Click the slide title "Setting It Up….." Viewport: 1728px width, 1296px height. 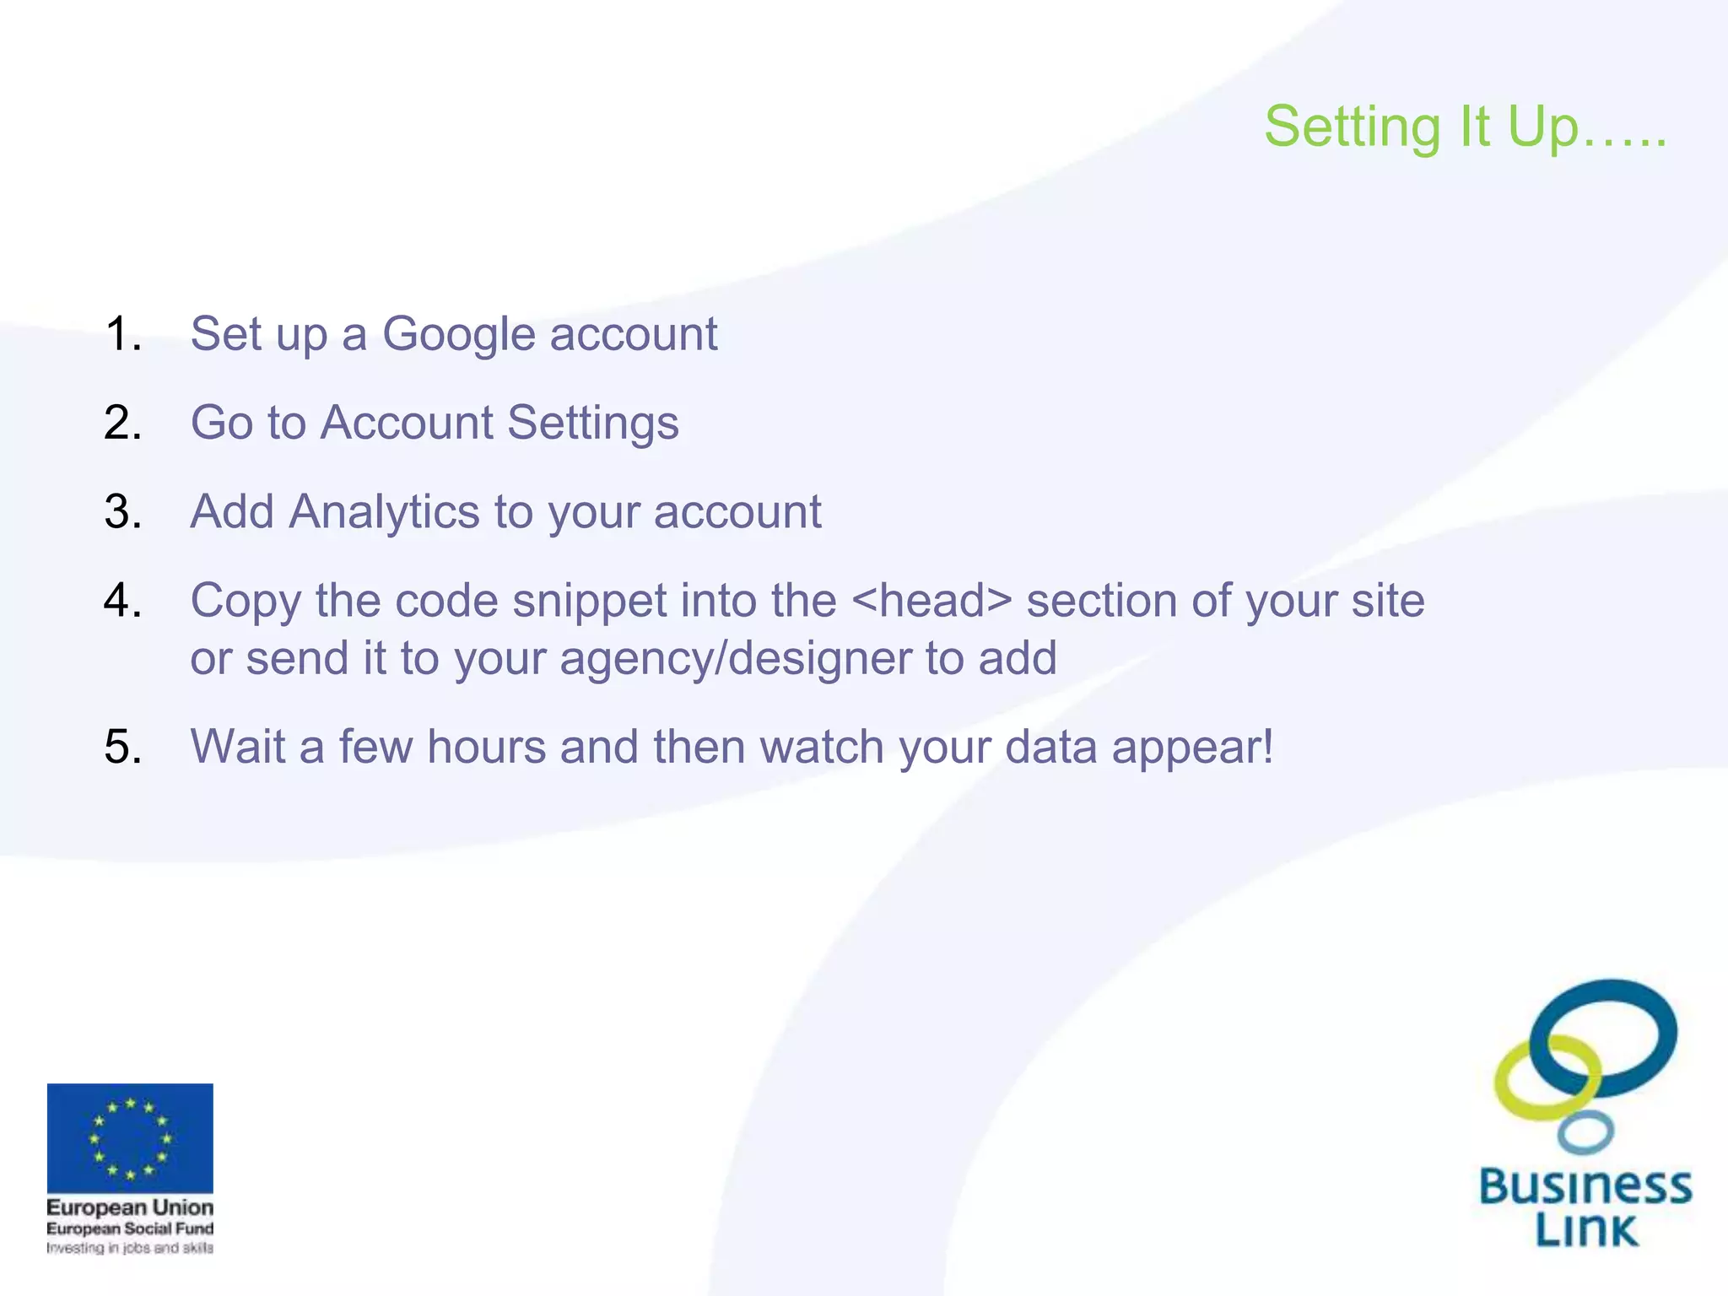1465,127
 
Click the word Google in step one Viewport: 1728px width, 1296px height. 458,334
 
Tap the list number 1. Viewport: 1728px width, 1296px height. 123,334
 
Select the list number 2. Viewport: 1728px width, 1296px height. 123,423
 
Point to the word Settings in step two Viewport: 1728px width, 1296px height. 592,423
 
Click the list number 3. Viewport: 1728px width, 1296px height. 123,512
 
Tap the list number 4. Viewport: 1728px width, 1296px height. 123,601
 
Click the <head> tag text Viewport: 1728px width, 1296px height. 931,601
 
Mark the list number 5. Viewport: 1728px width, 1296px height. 123,748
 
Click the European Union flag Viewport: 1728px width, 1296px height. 130,1137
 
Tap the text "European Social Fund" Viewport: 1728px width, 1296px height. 130,1228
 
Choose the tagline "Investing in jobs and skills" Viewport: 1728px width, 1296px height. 130,1248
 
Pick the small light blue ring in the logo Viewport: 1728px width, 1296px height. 1585,1132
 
